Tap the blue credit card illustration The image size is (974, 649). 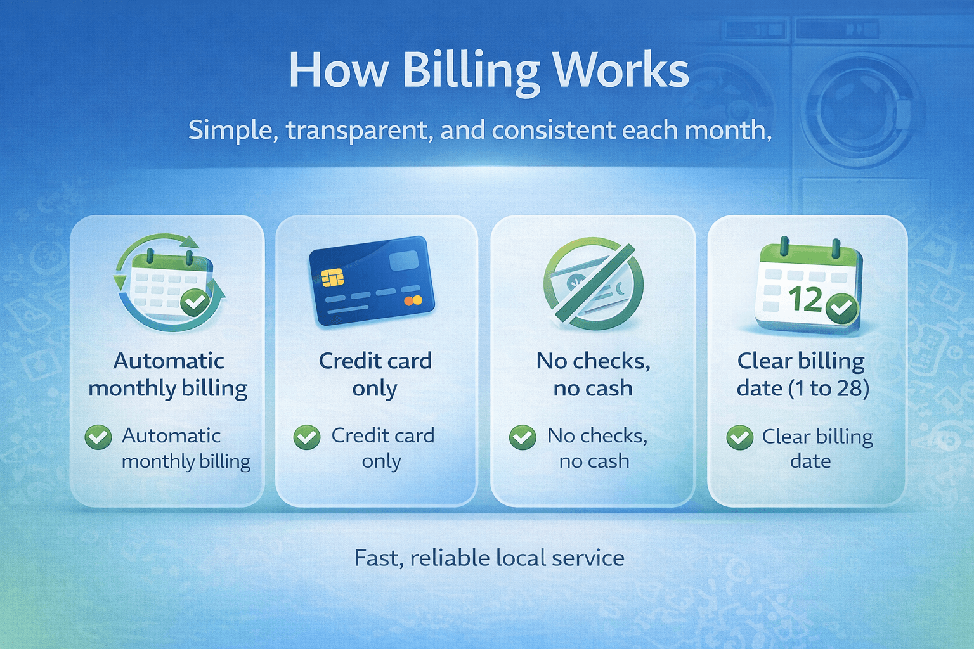coord(372,281)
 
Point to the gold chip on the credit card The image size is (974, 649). coord(332,277)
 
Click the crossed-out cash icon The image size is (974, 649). coord(593,283)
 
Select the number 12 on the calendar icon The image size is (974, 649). coord(805,299)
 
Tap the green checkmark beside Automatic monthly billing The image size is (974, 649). coord(98,437)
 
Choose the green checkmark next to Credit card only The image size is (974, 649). coord(307,437)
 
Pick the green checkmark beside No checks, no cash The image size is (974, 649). coord(523,437)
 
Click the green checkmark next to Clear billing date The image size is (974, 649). coord(739,437)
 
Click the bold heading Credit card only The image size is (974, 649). coord(375,374)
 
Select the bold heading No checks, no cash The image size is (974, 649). coord(593,374)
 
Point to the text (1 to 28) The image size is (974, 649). coord(829,388)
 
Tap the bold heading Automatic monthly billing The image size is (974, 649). coord(168,374)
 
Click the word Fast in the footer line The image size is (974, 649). coord(377,558)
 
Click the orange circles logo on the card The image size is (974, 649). coord(413,300)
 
